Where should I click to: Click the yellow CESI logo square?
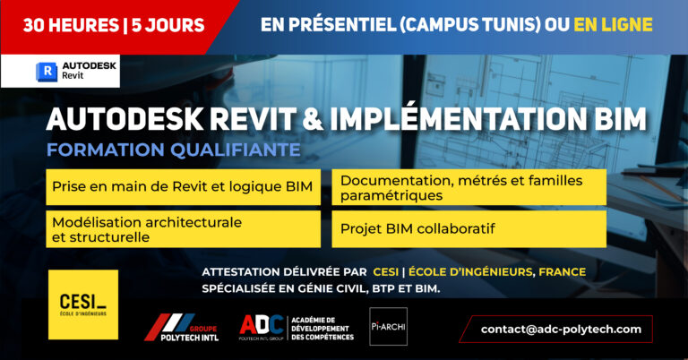click(x=83, y=304)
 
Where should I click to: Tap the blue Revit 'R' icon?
click(x=47, y=72)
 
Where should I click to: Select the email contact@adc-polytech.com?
click(x=561, y=329)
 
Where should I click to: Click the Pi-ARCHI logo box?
click(x=388, y=326)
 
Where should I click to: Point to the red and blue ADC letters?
click(x=262, y=325)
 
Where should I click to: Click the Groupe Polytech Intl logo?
click(x=181, y=328)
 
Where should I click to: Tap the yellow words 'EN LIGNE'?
click(x=613, y=24)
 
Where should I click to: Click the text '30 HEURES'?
click(x=71, y=25)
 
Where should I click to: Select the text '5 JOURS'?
click(x=168, y=25)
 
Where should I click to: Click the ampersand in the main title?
click(x=313, y=119)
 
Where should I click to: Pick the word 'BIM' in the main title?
click(x=621, y=119)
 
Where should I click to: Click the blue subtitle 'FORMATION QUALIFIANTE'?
click(x=173, y=150)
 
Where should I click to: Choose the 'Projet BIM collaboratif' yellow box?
click(x=469, y=229)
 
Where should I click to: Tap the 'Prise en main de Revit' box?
click(x=184, y=187)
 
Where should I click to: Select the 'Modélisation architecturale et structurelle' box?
click(x=184, y=229)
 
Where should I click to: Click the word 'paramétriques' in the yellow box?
click(x=391, y=195)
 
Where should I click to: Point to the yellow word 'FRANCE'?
click(x=562, y=272)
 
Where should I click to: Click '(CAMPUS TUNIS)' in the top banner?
click(x=470, y=24)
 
